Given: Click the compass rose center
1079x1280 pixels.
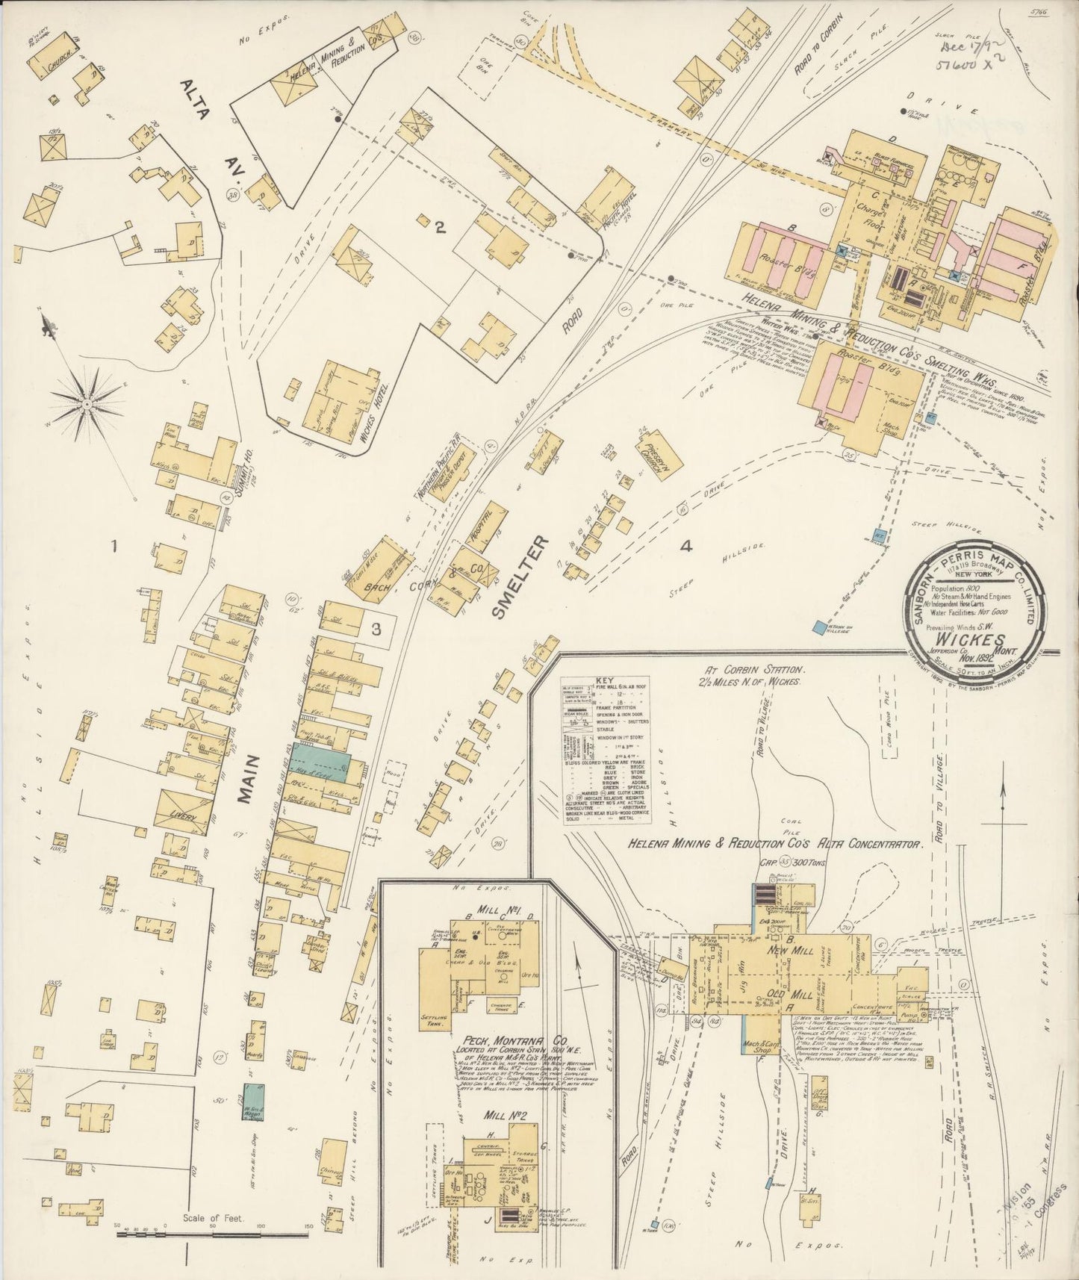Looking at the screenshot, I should point(88,404).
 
